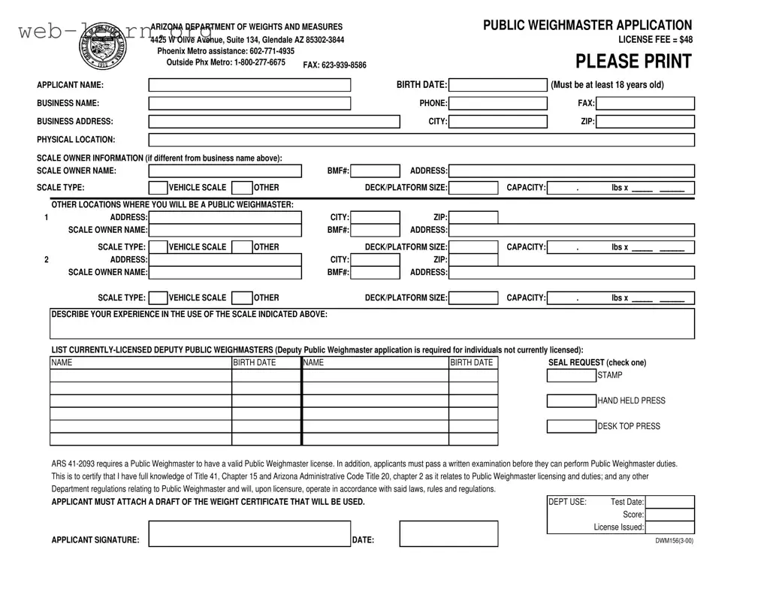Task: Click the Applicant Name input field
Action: pyautogui.click(x=249, y=85)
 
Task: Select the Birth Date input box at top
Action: pyautogui.click(x=497, y=85)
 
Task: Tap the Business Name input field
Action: pyautogui.click(x=249, y=104)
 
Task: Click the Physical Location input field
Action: pyautogui.click(x=421, y=140)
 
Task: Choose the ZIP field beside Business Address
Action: pyautogui.click(x=645, y=122)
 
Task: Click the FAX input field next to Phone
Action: pyautogui.click(x=645, y=104)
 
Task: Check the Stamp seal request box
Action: pyautogui.click(x=571, y=376)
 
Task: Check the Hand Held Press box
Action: pyautogui.click(x=571, y=401)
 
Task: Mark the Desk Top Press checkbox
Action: pyautogui.click(x=571, y=427)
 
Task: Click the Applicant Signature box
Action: pyautogui.click(x=249, y=534)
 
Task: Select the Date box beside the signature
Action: pyautogui.click(x=448, y=534)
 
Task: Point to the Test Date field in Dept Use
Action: pyautogui.click(x=669, y=502)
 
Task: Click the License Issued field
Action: pyautogui.click(x=669, y=527)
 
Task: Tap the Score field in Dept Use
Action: pyautogui.click(x=669, y=515)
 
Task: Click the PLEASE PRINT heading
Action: pyautogui.click(x=633, y=62)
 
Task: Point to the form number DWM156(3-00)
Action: pyautogui.click(x=674, y=540)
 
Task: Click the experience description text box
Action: pyautogui.click(x=372, y=325)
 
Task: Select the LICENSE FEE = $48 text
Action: pyautogui.click(x=655, y=40)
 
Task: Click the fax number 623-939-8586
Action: pyautogui.click(x=334, y=65)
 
